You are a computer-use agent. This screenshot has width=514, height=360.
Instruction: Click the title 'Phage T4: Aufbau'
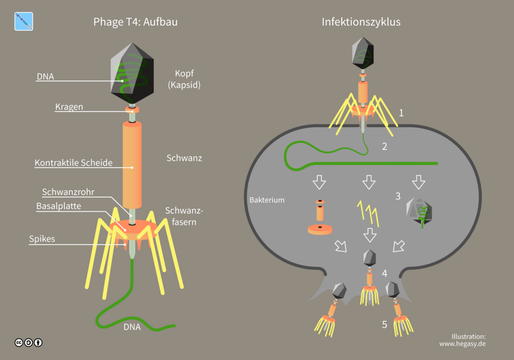click(x=136, y=22)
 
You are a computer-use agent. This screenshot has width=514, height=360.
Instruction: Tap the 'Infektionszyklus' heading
click(x=361, y=22)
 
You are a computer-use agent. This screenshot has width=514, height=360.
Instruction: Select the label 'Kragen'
click(x=69, y=107)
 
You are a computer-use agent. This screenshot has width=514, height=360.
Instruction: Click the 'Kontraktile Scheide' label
click(x=73, y=163)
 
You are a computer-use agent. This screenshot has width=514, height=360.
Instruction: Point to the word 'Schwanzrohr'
click(x=68, y=192)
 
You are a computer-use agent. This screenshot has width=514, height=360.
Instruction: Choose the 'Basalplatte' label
click(x=58, y=206)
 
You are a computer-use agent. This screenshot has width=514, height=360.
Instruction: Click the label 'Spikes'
click(x=42, y=239)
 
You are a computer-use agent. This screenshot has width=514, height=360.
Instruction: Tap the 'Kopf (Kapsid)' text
click(x=184, y=79)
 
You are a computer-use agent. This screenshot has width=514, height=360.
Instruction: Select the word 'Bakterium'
click(x=267, y=200)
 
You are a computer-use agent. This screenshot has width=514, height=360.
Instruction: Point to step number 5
click(x=384, y=325)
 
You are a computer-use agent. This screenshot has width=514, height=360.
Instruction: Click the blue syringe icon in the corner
click(x=24, y=22)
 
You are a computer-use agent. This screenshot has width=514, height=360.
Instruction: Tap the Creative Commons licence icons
click(x=28, y=342)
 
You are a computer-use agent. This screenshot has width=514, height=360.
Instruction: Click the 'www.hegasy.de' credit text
click(x=462, y=344)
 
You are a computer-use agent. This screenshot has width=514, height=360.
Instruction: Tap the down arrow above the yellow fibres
click(x=369, y=182)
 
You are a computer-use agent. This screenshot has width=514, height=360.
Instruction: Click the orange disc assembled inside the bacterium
click(x=320, y=229)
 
